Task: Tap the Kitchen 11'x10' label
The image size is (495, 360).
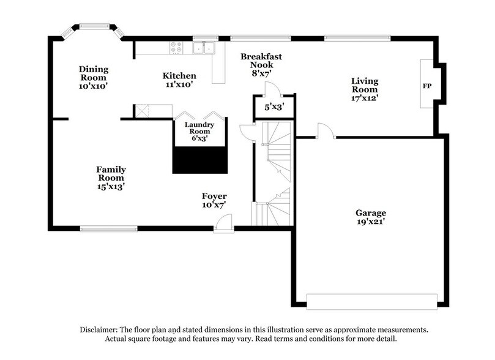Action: pos(179,80)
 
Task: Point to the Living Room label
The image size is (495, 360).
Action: pos(364,89)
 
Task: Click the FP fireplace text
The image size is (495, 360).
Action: pos(426,86)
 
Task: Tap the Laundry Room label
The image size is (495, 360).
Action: pos(201,131)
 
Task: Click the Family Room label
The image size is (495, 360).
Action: pos(111,178)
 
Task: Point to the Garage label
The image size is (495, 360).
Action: pos(371,217)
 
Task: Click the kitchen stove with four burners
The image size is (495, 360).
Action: pos(176,45)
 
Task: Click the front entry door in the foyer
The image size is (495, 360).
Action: pos(223,228)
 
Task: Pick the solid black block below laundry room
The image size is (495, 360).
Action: pos(201,160)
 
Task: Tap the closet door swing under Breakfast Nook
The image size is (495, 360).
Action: pos(269,89)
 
